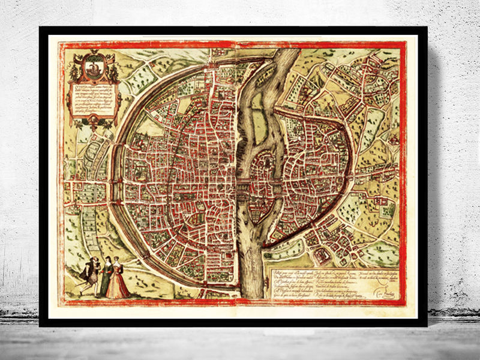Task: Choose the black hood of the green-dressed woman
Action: pos(107,259)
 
